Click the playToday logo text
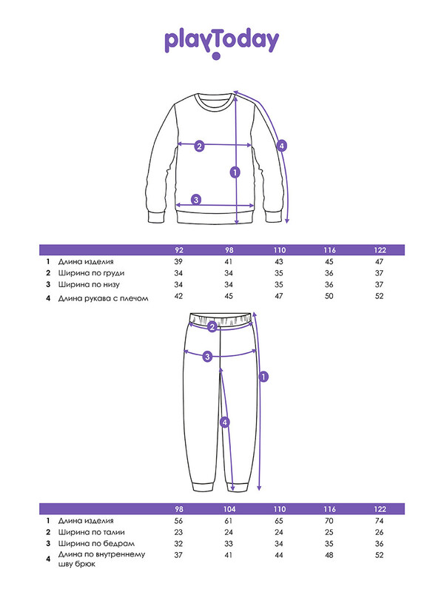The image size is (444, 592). (221, 41)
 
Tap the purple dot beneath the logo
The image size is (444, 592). (216, 56)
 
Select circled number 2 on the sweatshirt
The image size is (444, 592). (199, 146)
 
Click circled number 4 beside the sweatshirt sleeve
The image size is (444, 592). (282, 145)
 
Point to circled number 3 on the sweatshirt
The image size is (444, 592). (196, 200)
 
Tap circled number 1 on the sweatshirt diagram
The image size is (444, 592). (235, 172)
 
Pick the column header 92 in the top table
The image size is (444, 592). (179, 250)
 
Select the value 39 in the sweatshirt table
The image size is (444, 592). (178, 262)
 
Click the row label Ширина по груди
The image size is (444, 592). (91, 273)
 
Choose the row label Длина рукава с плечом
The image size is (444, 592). (103, 298)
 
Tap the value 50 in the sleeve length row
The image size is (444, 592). (329, 296)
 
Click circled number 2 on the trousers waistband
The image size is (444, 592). (212, 327)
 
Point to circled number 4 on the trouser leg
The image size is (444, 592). (225, 422)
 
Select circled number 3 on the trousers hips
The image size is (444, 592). (207, 356)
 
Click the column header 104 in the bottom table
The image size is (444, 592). (229, 509)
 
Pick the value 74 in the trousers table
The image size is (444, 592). (380, 521)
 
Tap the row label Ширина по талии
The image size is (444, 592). (91, 532)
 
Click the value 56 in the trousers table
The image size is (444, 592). (178, 521)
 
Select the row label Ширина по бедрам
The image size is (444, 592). (96, 544)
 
